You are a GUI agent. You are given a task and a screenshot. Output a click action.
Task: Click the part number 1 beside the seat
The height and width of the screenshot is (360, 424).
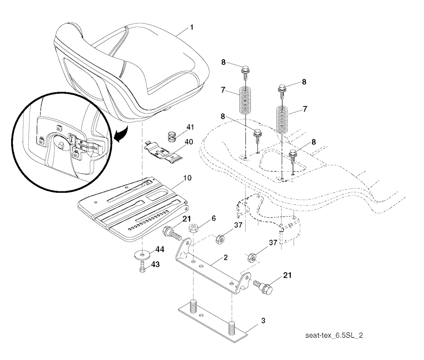(x=192, y=27)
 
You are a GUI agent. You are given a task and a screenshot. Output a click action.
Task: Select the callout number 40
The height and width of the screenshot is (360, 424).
(x=189, y=142)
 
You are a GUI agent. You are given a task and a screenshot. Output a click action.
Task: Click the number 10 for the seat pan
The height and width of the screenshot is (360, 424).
(x=187, y=178)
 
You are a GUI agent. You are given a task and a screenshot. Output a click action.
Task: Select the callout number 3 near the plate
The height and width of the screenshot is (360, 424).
(x=263, y=321)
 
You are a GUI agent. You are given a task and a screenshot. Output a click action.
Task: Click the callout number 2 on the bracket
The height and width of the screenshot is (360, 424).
(x=226, y=258)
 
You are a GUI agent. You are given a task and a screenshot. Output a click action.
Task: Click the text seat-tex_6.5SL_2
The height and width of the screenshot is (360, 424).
(x=334, y=336)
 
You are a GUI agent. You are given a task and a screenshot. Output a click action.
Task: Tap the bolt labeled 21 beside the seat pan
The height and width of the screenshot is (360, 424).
(x=172, y=233)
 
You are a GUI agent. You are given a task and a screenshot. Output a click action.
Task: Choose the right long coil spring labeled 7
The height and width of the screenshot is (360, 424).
(x=282, y=120)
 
